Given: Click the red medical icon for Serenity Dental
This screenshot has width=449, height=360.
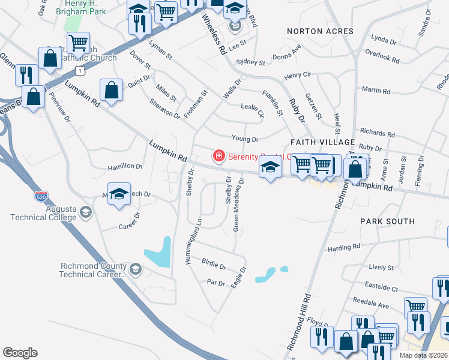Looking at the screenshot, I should tap(218, 157).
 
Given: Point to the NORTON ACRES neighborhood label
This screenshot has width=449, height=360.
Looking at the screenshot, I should tap(320, 31).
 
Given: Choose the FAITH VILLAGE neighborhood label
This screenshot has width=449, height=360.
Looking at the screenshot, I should tap(323, 142).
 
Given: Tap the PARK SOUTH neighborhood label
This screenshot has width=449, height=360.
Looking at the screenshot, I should tap(387, 221).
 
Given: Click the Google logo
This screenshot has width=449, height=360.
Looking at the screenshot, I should tap(20, 353).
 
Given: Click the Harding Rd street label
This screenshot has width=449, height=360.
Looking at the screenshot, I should tap(343, 247).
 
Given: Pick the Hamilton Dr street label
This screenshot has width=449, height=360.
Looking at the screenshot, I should tap(125, 166).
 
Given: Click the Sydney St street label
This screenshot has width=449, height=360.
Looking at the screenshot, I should tap(250, 62).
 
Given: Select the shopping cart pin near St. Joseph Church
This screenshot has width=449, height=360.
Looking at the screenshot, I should tap(78, 43).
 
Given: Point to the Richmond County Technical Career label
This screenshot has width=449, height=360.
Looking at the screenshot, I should tap(93, 270).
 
